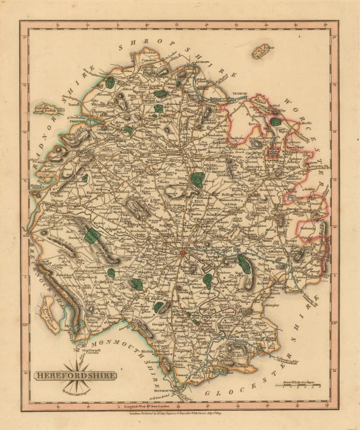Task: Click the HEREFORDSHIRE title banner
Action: (x=75, y=376)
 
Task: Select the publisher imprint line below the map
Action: (x=180, y=413)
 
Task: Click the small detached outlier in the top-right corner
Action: (x=262, y=50)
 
